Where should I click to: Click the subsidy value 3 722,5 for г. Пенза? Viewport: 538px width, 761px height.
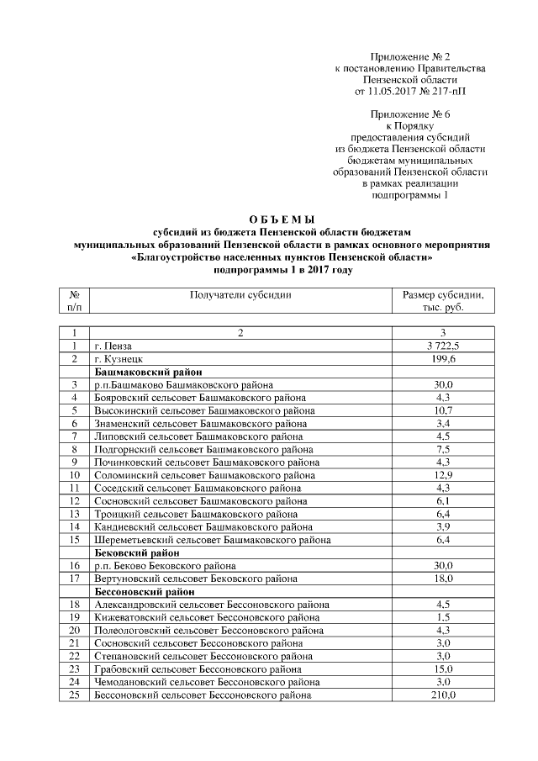443,346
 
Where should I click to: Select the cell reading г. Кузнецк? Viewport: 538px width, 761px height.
120,358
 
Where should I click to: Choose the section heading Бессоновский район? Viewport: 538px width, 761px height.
144,591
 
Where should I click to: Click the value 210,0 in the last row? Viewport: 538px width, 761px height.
443,695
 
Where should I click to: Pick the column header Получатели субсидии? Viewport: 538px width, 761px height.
240,295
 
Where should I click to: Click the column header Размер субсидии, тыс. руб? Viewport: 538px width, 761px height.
443,301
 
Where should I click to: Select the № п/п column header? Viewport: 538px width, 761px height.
74,301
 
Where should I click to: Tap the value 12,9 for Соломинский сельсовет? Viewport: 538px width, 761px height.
443,475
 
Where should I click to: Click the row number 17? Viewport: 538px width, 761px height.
74,579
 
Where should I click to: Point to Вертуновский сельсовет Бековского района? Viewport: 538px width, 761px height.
195,579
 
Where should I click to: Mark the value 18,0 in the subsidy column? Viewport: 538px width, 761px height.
443,579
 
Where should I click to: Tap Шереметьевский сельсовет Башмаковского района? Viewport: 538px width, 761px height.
212,540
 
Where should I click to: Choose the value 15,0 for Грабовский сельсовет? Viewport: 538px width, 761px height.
443,669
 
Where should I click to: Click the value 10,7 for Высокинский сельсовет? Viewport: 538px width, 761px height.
443,410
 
